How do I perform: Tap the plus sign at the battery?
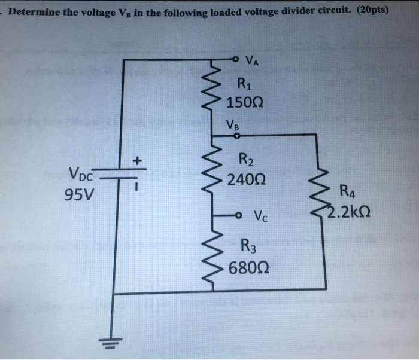[x=136, y=161]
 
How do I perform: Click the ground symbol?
[x=114, y=341]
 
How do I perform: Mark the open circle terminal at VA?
[x=237, y=59]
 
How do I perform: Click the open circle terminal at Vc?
[x=238, y=215]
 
